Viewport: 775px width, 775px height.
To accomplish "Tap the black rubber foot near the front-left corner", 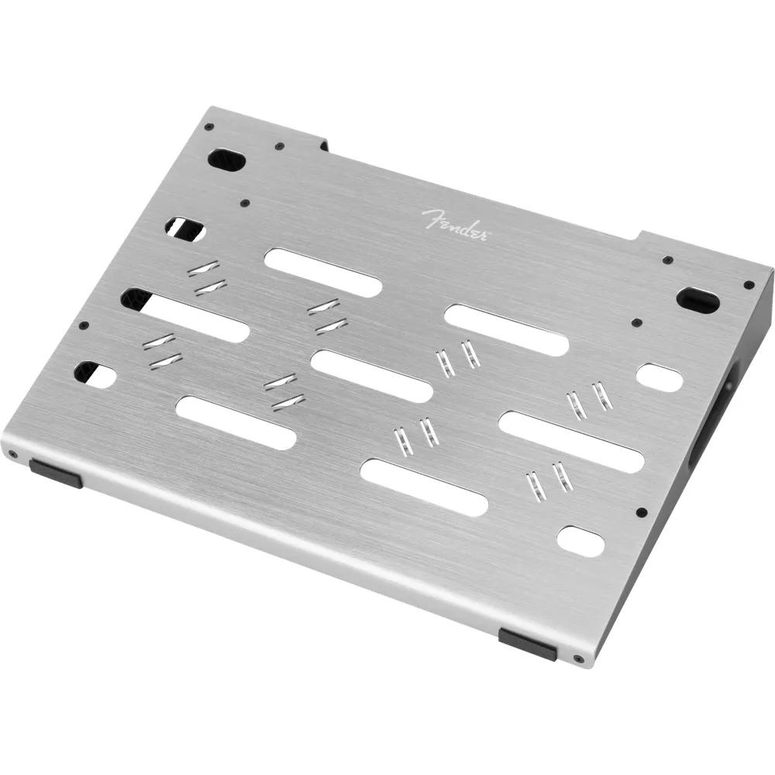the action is [x=56, y=473].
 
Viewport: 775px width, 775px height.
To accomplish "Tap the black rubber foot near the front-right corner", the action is [x=528, y=644].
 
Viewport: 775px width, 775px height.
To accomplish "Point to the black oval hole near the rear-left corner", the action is [x=227, y=160].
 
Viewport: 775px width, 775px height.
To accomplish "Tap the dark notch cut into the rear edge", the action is [x=324, y=144].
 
